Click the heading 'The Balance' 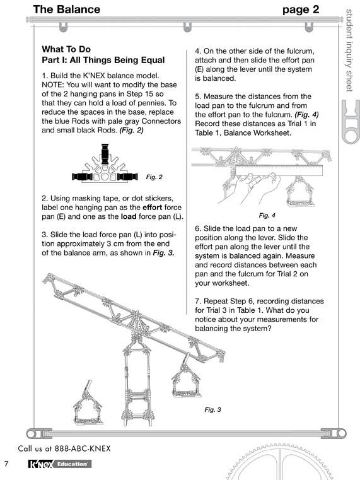click(67, 9)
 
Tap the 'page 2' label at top click(301, 10)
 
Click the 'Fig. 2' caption click(154, 177)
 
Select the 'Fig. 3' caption click(212, 409)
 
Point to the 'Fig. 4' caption click(267, 216)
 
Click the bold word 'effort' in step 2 click(153, 208)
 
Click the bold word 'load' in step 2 click(129, 216)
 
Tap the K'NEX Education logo click(60, 464)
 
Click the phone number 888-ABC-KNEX click(83, 448)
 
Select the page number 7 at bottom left click(6, 464)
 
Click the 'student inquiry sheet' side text click(349, 50)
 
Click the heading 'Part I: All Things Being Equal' click(103, 60)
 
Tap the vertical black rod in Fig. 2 click(105, 154)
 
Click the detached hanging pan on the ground click(88, 403)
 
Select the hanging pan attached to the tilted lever click(186, 378)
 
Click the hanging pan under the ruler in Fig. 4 click(299, 191)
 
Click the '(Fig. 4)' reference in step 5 click(307, 115)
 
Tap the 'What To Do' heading click(66, 49)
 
